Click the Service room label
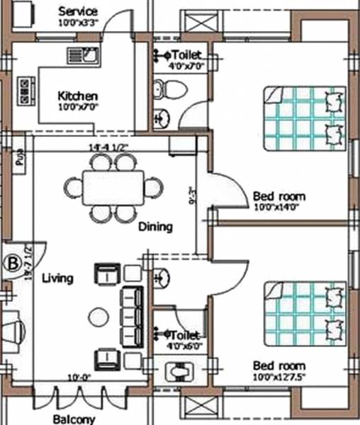tap(78, 11)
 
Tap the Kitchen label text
tap(78, 96)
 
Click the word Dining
tap(155, 227)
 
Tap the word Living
tap(57, 278)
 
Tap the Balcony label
tap(74, 419)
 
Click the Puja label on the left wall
tap(18, 157)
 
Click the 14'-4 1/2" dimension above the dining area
tap(108, 147)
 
